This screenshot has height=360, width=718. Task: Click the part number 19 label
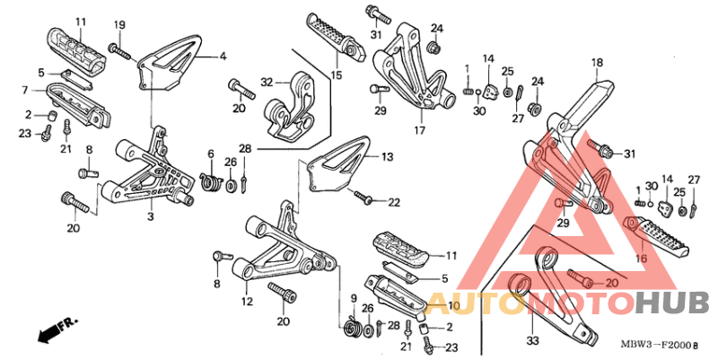[119, 25]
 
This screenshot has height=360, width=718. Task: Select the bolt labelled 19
[121, 52]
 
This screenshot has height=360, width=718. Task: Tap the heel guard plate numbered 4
[168, 62]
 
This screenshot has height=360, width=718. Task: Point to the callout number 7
[25, 91]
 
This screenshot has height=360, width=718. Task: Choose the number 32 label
[267, 83]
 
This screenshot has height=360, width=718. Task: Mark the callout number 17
[420, 130]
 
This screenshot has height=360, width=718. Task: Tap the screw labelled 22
[364, 197]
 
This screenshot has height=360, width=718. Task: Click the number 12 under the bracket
[248, 302]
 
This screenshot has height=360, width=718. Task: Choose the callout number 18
[598, 63]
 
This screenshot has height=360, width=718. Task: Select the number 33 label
[533, 341]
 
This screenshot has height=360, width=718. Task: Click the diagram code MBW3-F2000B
[660, 346]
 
